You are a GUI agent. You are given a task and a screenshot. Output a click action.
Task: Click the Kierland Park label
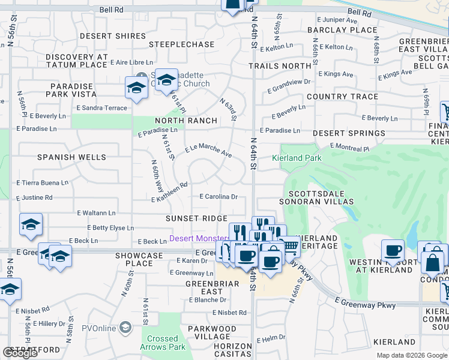[297, 158]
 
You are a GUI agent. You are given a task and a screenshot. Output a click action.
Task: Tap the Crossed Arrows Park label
[163, 343]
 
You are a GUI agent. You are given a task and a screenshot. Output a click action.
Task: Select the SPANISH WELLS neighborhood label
[71, 157]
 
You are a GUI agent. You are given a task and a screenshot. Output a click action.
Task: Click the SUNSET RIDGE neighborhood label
[196, 218]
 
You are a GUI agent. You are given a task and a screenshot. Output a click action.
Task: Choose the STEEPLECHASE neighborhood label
[181, 44]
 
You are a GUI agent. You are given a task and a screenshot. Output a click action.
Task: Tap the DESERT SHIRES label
[113, 36]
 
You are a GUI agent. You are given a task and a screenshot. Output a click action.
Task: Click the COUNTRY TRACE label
[342, 97]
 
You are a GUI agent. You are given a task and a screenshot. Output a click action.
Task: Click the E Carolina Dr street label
[219, 196]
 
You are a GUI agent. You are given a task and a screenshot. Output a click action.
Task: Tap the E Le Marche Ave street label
[208, 150]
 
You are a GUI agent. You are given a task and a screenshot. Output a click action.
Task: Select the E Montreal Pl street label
[358, 146]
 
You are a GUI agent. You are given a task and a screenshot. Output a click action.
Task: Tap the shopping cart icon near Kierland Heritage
[291, 246]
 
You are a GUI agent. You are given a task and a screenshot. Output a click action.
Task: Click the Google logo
[20, 353]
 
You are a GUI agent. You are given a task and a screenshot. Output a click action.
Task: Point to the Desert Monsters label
[199, 238]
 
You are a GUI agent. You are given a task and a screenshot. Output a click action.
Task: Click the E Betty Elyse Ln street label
[110, 228]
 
